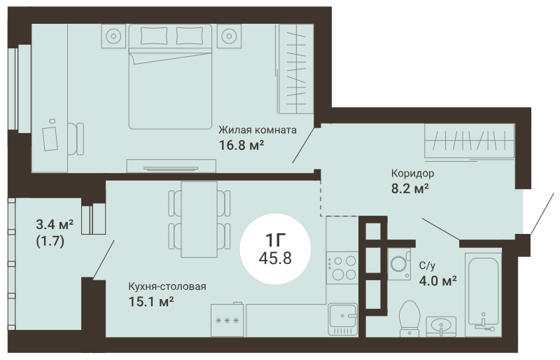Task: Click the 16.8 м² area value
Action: coord(241,145)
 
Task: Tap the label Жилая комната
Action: coord(258,130)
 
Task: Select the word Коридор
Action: coord(412,174)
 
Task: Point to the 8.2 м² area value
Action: coord(410,188)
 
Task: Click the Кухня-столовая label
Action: coord(167,286)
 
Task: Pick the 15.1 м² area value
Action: coord(151,302)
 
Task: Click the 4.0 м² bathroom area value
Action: coord(438,281)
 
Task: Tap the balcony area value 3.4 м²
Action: coord(55,225)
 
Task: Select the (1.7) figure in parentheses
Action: coord(50,242)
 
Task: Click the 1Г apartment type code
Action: coord(275,240)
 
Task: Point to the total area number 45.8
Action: coord(275,258)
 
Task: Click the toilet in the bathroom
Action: coord(409,319)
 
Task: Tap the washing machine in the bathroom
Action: coord(399,264)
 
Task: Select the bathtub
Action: coord(483,295)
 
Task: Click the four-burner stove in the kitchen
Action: coord(342,268)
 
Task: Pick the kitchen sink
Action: coord(343,319)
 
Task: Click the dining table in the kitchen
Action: coord(199,219)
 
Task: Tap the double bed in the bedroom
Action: coord(170,76)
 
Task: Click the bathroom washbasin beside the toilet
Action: coord(442,326)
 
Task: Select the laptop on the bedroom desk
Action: coord(50,139)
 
